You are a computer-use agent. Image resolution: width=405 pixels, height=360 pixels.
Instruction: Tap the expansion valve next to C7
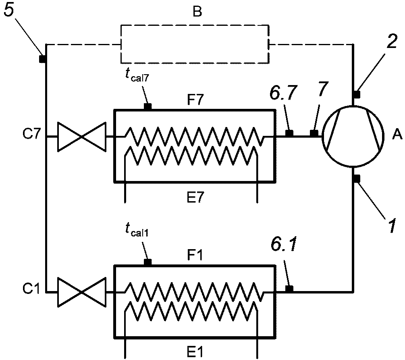(x=82, y=137)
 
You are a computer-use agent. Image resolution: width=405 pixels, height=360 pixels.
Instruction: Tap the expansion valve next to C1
(x=82, y=291)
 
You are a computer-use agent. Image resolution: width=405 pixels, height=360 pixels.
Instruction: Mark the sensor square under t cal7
(x=147, y=106)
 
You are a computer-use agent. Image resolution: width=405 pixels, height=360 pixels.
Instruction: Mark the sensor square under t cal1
(x=147, y=262)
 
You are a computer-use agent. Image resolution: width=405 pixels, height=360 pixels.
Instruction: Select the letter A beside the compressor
(x=397, y=136)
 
